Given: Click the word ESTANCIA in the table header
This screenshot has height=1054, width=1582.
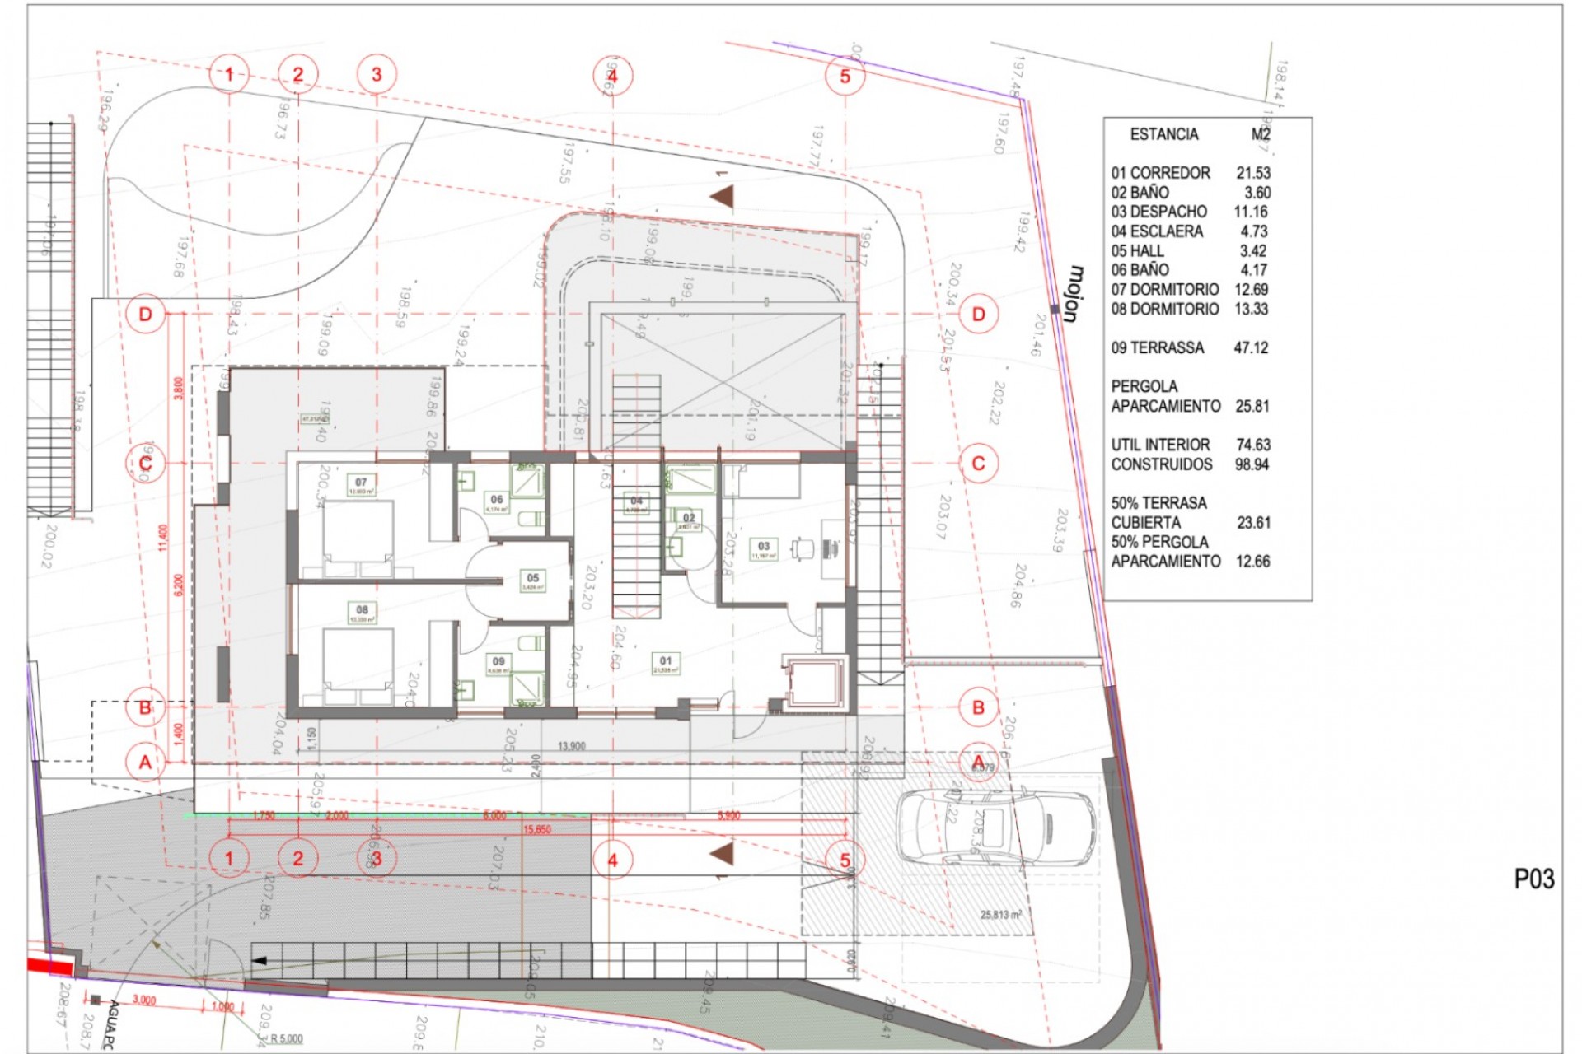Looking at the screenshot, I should coord(1163,134).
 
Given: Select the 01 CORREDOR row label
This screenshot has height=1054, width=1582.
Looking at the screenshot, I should coord(1160,173).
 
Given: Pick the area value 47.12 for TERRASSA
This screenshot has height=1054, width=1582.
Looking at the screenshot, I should coord(1251,347).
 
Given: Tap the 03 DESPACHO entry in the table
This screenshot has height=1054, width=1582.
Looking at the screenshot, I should coord(1158,212).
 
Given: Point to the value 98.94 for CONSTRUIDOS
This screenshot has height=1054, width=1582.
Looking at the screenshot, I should coord(1252,464).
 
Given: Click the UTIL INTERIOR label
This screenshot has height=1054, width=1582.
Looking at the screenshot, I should coord(1160,445).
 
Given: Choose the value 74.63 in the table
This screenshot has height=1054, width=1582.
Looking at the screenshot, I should coord(1252,445).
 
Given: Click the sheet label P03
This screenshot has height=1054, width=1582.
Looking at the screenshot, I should coord(1533,879).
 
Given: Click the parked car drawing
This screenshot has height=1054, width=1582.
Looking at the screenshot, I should coord(995,827).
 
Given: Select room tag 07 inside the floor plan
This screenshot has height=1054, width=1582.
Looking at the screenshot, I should coord(361,483).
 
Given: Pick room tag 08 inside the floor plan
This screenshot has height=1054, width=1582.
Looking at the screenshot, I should coord(362,610).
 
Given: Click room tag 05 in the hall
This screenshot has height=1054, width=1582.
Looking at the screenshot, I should coord(533,578).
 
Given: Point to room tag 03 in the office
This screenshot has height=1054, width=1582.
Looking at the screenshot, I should coord(764,546).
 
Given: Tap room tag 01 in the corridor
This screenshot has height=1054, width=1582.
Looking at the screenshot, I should coord(666,660).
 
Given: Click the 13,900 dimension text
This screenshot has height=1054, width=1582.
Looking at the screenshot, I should coord(571,746).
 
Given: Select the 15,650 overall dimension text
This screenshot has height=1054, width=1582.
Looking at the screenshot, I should coord(537,829).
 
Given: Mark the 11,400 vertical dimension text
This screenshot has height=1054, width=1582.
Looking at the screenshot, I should coord(164,538).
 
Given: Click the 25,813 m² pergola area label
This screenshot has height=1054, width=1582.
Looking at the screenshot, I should coord(1000,915).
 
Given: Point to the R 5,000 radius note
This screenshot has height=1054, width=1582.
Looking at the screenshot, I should coord(287,1038).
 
